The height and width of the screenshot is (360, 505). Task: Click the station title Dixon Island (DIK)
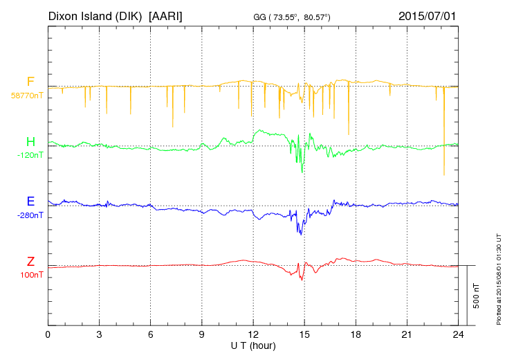pyautogui.click(x=96, y=15)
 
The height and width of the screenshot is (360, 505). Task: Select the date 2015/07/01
pyautogui.click(x=427, y=15)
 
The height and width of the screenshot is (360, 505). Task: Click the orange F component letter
pyautogui.click(x=30, y=82)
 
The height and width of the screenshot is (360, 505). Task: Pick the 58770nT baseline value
pyautogui.click(x=27, y=95)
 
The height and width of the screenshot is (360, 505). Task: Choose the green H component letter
pyautogui.click(x=30, y=142)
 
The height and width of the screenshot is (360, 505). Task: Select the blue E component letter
pyautogui.click(x=30, y=201)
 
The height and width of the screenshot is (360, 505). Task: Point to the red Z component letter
pyautogui.click(x=30, y=262)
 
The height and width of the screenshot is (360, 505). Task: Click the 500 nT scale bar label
pyautogui.click(x=477, y=296)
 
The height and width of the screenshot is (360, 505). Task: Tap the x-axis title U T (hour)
pyautogui.click(x=253, y=345)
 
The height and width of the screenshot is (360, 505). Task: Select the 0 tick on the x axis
pyautogui.click(x=48, y=334)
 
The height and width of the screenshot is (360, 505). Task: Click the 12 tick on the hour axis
pyautogui.click(x=253, y=334)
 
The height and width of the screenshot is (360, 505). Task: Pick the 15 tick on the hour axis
pyautogui.click(x=304, y=334)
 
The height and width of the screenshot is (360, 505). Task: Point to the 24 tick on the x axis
pyautogui.click(x=458, y=334)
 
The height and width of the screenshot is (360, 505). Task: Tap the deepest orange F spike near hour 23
pyautogui.click(x=444, y=173)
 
